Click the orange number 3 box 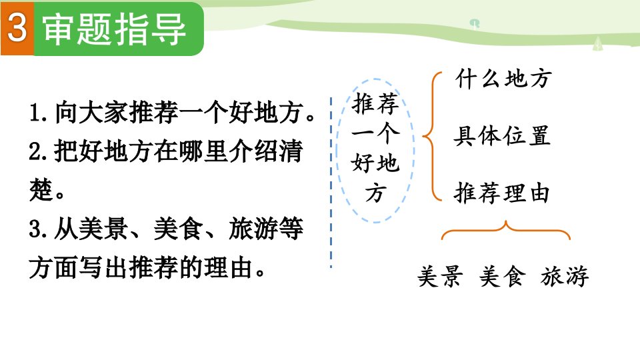pos(17,28)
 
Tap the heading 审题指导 pos(114,29)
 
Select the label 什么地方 pos(504,79)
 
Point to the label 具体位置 pos(502,136)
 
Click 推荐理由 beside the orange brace pos(501,193)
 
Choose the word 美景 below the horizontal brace pos(440,276)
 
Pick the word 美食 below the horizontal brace pos(503,276)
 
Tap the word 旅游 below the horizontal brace pos(565,276)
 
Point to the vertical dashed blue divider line pos(331,183)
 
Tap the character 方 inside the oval pos(375,193)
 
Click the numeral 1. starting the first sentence pos(40,113)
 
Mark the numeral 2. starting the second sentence pos(39,151)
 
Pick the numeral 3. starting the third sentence pos(39,229)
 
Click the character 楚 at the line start pos(41,190)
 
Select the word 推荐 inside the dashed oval pos(375,103)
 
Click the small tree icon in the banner pos(598,44)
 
